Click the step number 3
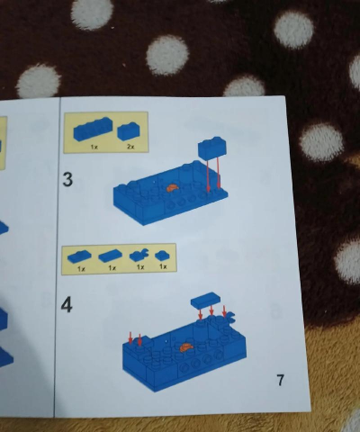tap(67, 179)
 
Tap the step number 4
tap(67, 305)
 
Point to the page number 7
tap(280, 380)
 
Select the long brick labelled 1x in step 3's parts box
tap(94, 130)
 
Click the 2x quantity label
tap(130, 147)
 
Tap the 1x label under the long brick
tap(94, 147)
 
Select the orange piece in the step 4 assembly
tap(186, 347)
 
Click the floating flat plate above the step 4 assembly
tap(205, 300)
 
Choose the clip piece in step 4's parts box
tap(139, 255)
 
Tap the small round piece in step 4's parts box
tap(162, 256)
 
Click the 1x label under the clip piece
tap(140, 266)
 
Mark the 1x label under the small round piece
tap(163, 266)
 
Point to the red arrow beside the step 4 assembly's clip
tap(224, 310)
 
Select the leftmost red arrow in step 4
tap(130, 337)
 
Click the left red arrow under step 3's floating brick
tap(208, 175)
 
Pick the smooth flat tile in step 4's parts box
tap(110, 256)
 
